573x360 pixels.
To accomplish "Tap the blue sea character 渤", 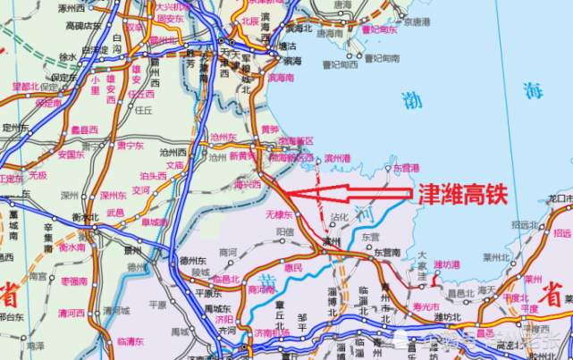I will pyautogui.click(x=412, y=100).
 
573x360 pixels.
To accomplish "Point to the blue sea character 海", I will pyautogui.click(x=534, y=90).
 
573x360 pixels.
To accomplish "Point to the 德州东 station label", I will pyautogui.click(x=191, y=260).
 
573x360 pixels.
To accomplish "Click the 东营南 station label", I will pyautogui.click(x=387, y=254).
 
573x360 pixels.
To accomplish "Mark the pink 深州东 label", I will pyautogui.click(x=114, y=194).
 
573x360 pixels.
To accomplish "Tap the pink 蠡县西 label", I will pyautogui.click(x=85, y=129).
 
